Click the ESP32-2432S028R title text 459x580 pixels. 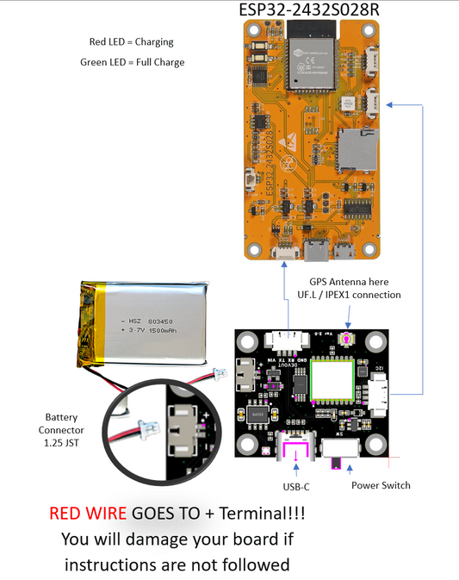point(313,10)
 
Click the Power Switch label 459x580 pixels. point(381,485)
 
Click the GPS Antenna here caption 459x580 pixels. point(349,282)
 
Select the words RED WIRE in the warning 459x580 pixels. point(89,515)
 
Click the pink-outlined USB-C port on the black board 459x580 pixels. point(295,451)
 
